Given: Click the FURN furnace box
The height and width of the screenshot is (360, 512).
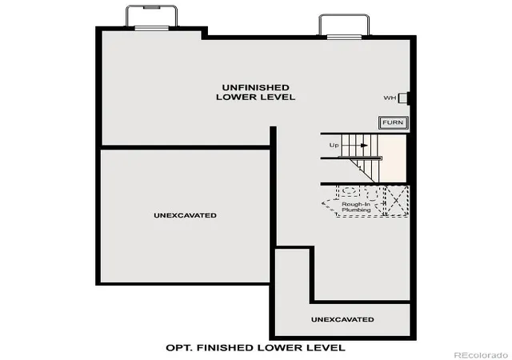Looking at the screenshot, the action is click(x=393, y=122).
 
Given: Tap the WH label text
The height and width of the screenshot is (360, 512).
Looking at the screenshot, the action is click(x=390, y=98).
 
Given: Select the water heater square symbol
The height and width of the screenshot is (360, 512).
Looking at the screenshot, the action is click(x=402, y=98).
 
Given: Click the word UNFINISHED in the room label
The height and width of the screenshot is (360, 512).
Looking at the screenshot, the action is click(x=256, y=87).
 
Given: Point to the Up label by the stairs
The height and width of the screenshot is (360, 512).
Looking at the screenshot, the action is click(x=334, y=145).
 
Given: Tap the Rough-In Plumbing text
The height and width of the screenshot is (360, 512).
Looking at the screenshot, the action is click(x=356, y=207).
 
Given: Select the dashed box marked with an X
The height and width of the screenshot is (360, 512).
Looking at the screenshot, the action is click(x=397, y=200).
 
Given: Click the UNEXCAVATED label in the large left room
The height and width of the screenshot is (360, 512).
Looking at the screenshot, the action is click(x=185, y=215).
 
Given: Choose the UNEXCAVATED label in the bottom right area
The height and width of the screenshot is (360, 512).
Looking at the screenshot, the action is click(x=342, y=319).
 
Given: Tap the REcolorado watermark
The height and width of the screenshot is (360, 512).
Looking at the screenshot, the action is click(x=481, y=354).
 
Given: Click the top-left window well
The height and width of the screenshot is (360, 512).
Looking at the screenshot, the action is click(x=152, y=18).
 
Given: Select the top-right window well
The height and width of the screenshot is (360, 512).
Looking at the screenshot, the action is click(x=344, y=26).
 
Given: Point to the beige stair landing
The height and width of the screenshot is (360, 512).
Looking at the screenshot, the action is click(x=393, y=158).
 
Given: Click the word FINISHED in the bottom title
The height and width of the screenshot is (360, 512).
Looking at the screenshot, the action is click(x=226, y=347).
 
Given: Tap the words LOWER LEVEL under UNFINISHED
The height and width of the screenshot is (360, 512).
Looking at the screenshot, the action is click(x=256, y=97).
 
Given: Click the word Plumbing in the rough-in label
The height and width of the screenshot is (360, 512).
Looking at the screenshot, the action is click(x=356, y=210).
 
